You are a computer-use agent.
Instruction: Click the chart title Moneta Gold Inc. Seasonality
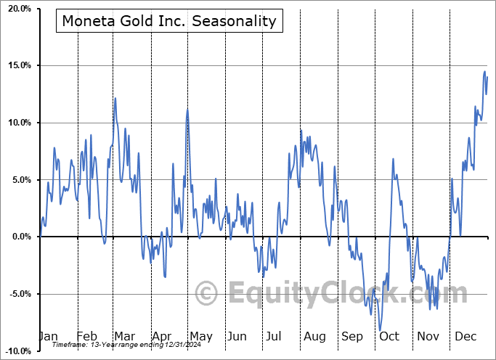point(169,20)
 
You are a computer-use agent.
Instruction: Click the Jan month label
point(48,336)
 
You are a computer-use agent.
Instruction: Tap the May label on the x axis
point(200,336)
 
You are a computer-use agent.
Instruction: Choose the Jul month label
point(275,336)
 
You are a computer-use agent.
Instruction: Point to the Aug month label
point(314,336)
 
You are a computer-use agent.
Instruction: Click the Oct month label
point(389,336)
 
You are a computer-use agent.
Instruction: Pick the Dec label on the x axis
point(465,336)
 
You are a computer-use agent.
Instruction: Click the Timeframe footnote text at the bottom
point(123,345)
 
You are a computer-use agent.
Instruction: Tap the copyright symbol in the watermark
point(207,294)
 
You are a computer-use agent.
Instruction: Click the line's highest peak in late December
point(484,71)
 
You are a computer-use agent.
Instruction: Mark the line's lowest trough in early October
point(380,330)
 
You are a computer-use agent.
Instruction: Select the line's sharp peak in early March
point(115,98)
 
